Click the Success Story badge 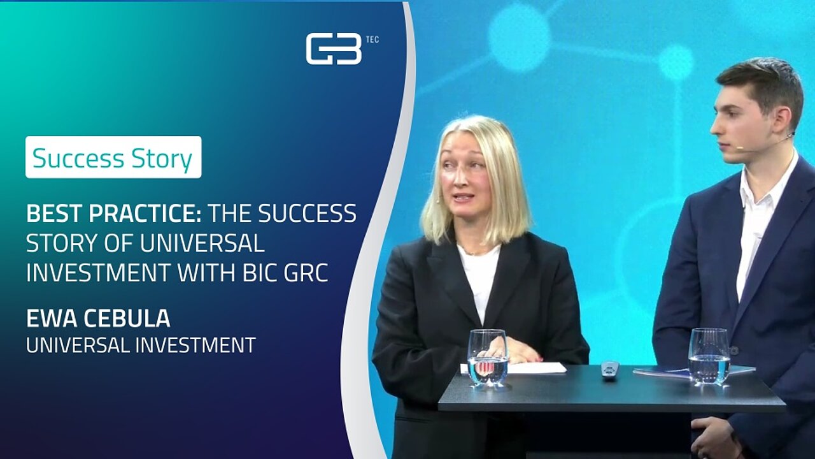(x=113, y=157)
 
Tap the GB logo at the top (x=334, y=49)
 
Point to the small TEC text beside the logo (x=372, y=40)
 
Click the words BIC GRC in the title (x=285, y=273)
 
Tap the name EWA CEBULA (x=98, y=318)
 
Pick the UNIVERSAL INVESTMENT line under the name (x=141, y=345)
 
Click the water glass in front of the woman (x=487, y=358)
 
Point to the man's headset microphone (x=764, y=143)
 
